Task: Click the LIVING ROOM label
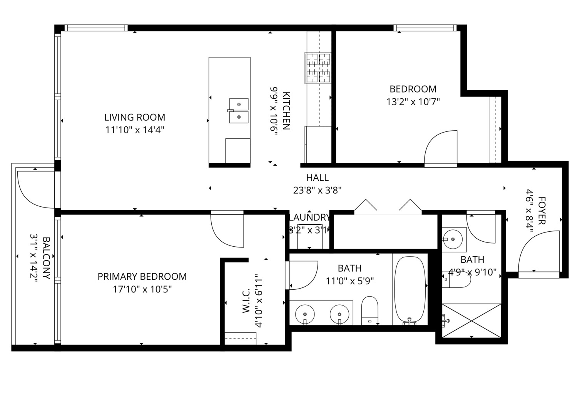coord(135,117)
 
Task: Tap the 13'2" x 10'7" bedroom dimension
coord(413,102)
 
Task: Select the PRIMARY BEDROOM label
coord(142,277)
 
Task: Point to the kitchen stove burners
coord(318,68)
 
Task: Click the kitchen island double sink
coord(239,111)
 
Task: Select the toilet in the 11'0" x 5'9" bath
coord(369,310)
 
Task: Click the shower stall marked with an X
coord(471,320)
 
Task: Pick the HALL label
coord(318,178)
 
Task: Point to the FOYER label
coord(542,211)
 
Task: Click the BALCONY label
coord(46,258)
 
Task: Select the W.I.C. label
coord(246,301)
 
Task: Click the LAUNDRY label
coord(309,218)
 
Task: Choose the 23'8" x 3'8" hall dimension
coord(318,191)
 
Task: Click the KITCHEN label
coord(286,111)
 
